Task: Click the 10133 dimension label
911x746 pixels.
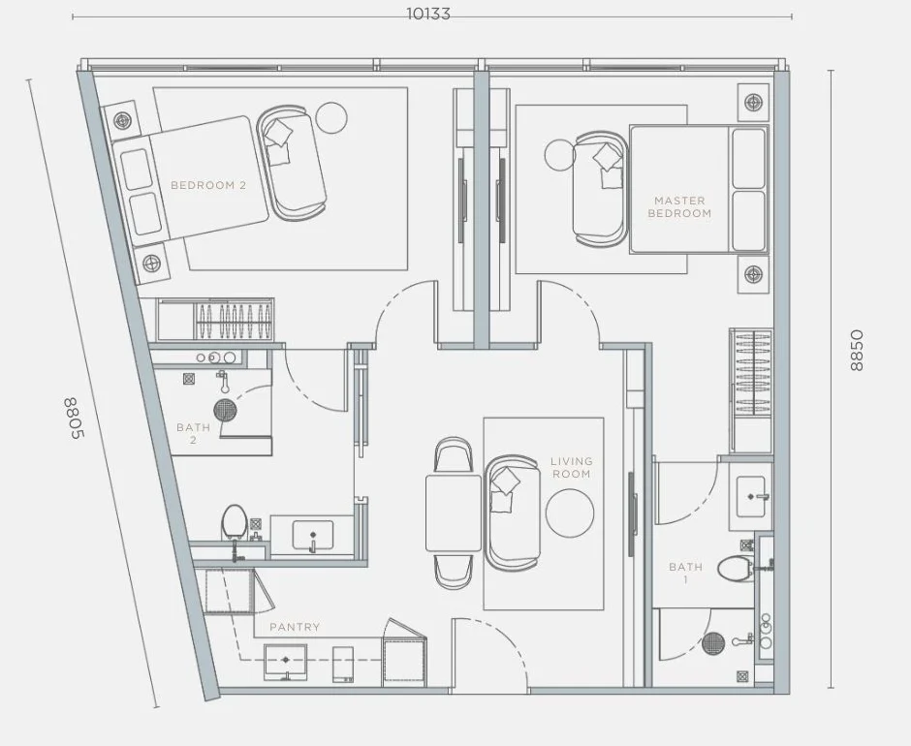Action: point(428,14)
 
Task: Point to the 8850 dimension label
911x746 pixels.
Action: point(857,351)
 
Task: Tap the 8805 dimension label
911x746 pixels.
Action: point(74,419)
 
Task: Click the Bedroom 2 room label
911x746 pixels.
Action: point(208,185)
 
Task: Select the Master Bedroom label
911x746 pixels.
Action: point(679,206)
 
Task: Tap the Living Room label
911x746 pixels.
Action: point(572,467)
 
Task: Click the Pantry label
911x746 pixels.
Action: point(295,627)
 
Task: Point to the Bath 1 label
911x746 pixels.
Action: point(685,573)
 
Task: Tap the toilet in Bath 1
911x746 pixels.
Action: point(736,568)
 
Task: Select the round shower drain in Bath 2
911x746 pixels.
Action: point(225,410)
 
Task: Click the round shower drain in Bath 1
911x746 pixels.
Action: point(713,643)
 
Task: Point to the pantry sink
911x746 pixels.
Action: point(285,661)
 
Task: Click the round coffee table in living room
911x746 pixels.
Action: point(570,513)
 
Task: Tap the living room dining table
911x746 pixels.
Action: point(454,513)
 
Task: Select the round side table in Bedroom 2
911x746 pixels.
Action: point(331,118)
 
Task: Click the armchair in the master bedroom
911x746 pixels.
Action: point(601,187)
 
